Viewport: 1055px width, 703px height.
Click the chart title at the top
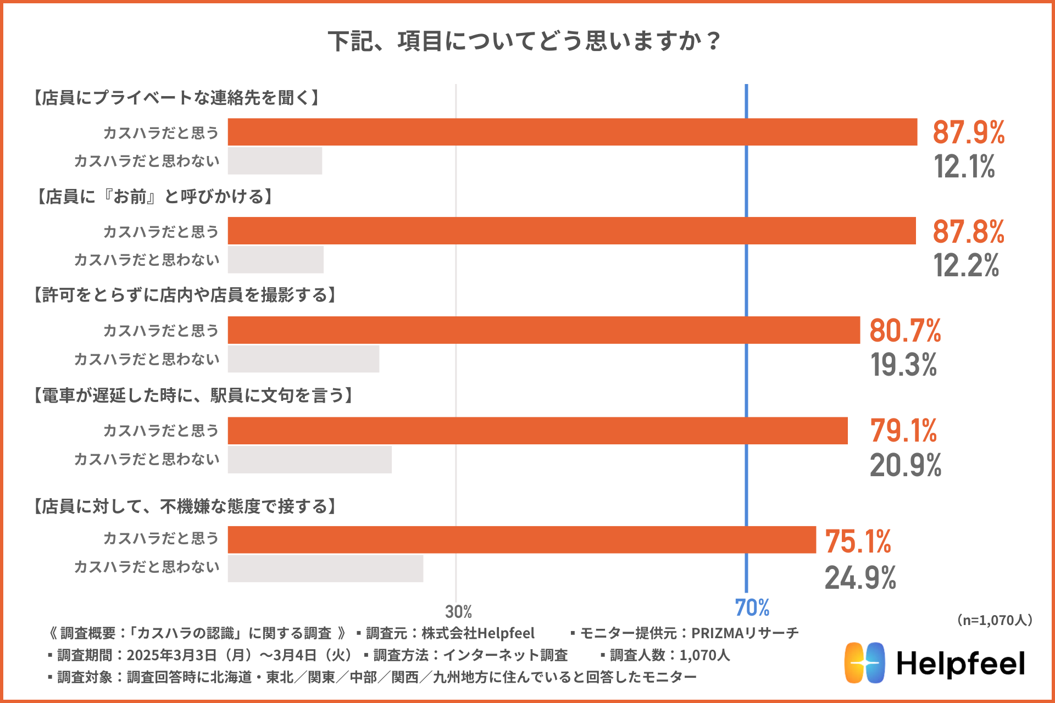tap(525, 41)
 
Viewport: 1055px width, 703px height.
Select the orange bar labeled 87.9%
tap(572, 132)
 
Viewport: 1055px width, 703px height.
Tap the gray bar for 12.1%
tap(275, 161)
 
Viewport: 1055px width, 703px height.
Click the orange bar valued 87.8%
tap(571, 231)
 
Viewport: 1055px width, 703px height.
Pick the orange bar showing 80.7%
tap(543, 330)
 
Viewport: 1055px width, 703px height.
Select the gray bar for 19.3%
tap(303, 359)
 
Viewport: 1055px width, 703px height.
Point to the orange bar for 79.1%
tap(537, 431)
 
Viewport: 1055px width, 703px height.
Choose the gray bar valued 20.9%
tap(309, 460)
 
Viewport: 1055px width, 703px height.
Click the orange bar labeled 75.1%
tap(521, 540)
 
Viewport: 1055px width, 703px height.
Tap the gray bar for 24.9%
tap(325, 568)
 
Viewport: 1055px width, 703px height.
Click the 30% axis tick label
tap(458, 611)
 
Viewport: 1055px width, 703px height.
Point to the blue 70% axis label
tap(752, 608)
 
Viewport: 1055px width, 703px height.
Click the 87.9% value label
tap(968, 132)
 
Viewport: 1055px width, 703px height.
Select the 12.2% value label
tap(966, 265)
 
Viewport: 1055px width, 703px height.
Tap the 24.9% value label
tap(860, 578)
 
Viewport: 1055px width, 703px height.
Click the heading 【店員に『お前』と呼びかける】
tap(154, 197)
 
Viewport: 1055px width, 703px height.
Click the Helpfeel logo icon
tap(864, 663)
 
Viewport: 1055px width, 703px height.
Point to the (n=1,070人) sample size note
tap(995, 620)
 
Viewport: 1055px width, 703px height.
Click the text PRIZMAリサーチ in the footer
tap(745, 633)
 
